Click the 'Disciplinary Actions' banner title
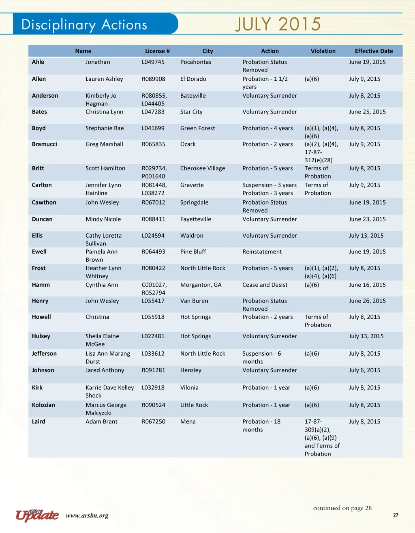pyautogui.click(x=84, y=25)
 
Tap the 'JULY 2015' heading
pyautogui.click(x=278, y=24)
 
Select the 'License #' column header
pyautogui.click(x=157, y=51)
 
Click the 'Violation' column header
pyautogui.click(x=323, y=51)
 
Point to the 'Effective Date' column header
pyautogui.click(x=374, y=51)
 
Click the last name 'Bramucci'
pyautogui.click(x=45, y=144)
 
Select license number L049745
pyautogui.click(x=153, y=62)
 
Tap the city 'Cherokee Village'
pyautogui.click(x=203, y=168)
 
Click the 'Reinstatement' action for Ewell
pyautogui.click(x=262, y=252)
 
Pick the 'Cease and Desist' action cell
pyautogui.click(x=265, y=285)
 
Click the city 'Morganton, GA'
pyautogui.click(x=201, y=285)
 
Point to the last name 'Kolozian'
pyautogui.click(x=43, y=405)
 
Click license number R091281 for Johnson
pyautogui.click(x=154, y=370)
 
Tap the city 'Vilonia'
pyautogui.click(x=189, y=388)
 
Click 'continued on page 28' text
pyautogui.click(x=342, y=508)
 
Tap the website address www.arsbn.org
pyautogui.click(x=87, y=516)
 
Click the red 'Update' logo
pyautogui.click(x=37, y=515)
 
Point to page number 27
pyautogui.click(x=396, y=515)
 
